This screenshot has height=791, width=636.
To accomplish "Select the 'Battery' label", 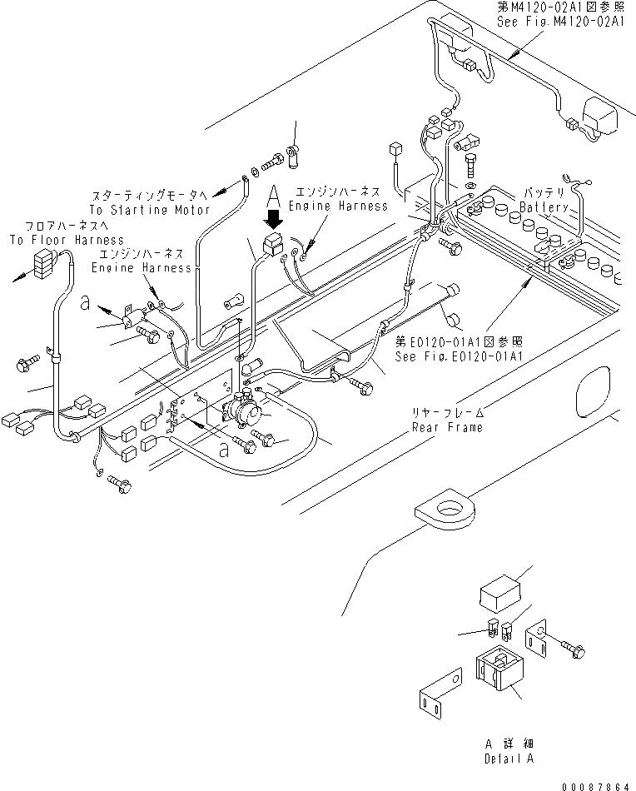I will click(544, 207).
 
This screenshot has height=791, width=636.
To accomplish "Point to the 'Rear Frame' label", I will click(447, 427).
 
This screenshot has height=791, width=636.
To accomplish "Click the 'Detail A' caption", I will click(509, 759).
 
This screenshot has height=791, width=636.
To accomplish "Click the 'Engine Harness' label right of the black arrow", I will click(338, 206).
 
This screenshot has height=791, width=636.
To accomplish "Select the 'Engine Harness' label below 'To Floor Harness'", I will click(141, 267).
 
